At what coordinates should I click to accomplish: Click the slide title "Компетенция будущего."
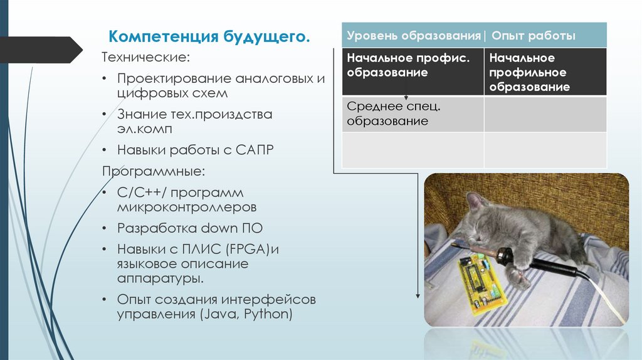(x=209, y=36)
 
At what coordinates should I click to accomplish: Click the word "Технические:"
(x=145, y=58)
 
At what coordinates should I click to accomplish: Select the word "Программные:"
(x=154, y=171)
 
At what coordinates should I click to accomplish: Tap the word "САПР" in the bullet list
(x=255, y=151)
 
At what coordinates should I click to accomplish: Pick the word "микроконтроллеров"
(x=186, y=206)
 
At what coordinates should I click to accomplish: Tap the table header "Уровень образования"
(x=413, y=36)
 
